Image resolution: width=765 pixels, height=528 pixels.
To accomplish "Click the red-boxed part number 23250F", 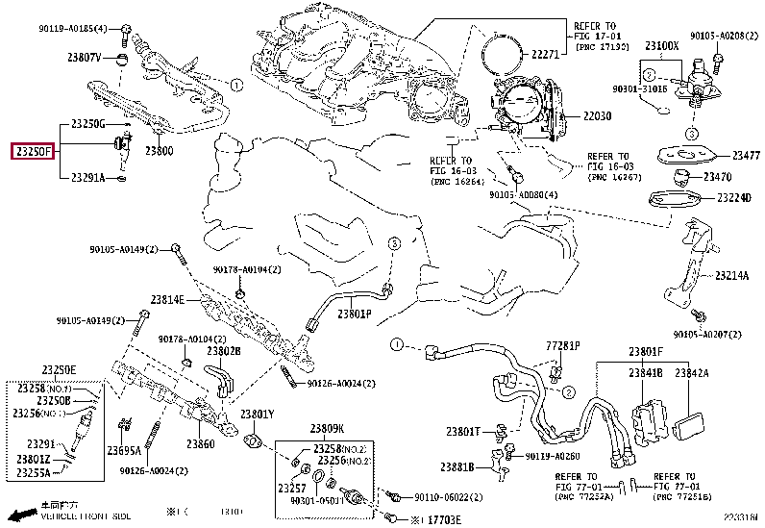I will coord(32,151).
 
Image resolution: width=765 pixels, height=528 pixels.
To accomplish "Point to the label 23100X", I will coord(662,45).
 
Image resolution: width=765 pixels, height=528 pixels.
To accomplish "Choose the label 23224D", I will coord(733,198).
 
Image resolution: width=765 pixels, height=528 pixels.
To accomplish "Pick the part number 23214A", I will coord(730,275).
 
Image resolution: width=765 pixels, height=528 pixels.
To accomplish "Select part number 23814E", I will coord(166,300).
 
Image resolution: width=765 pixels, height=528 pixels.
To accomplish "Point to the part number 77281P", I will coord(564,344).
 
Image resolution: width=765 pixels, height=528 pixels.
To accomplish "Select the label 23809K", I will coord(327,428).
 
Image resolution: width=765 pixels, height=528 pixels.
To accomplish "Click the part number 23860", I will coord(200,444).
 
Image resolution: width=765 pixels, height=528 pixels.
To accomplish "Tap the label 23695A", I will coord(124,450).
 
